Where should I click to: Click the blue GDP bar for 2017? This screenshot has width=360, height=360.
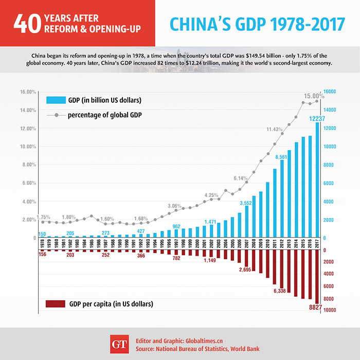(x=317, y=180)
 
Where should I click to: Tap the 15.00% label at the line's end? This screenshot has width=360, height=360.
(x=314, y=96)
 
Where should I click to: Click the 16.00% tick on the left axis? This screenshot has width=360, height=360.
(x=27, y=92)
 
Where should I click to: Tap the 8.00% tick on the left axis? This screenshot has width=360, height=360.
(x=27, y=165)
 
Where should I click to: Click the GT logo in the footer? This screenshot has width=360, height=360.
(x=119, y=344)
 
